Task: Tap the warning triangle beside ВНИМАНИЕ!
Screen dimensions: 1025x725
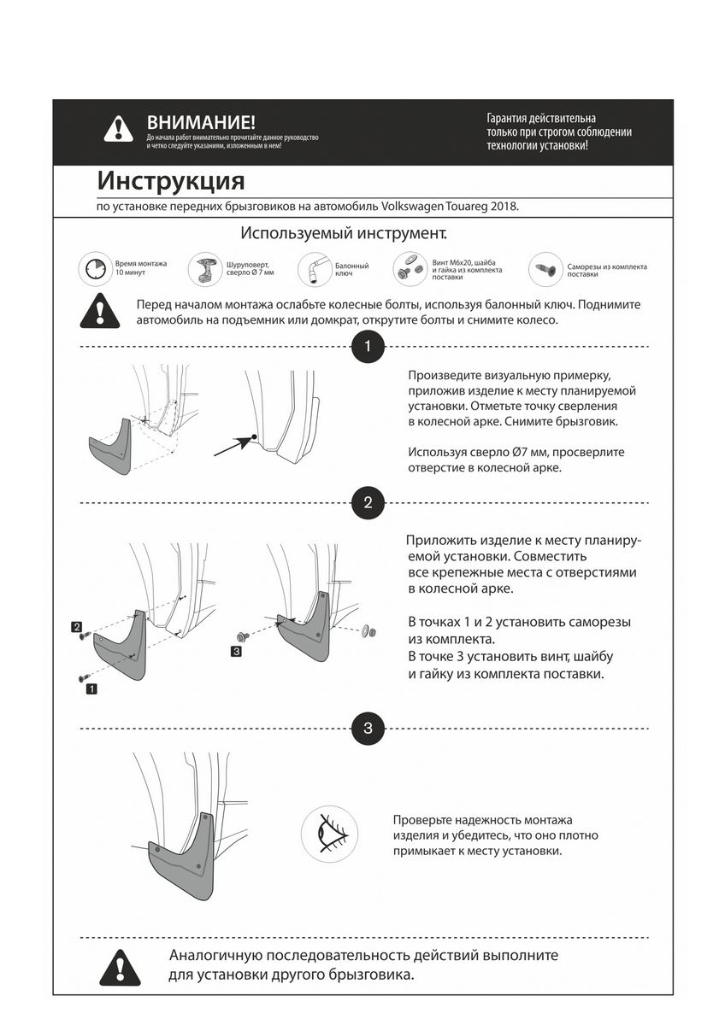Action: (118, 129)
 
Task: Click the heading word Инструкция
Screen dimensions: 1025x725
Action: (171, 181)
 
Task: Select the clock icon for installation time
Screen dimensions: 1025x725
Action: (94, 269)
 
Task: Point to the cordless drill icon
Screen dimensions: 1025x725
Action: (205, 268)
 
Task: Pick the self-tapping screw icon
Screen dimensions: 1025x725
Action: (545, 268)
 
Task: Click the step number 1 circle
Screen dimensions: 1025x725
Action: (368, 347)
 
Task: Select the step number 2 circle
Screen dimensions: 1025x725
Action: (368, 503)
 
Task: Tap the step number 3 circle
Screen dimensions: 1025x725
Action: (368, 729)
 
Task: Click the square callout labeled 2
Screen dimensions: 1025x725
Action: (76, 627)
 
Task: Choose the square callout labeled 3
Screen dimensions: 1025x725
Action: (236, 652)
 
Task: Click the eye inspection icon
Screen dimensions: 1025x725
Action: (328, 829)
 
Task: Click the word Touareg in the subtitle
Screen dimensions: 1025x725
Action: (467, 207)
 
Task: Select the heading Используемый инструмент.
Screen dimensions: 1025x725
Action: (344, 232)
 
